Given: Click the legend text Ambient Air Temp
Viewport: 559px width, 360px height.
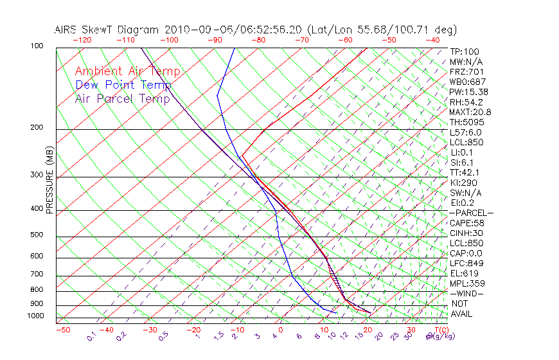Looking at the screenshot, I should click(x=127, y=71).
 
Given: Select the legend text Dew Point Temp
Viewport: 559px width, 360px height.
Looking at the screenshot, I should click(x=123, y=85).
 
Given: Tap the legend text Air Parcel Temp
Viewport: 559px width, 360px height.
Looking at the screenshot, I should click(x=122, y=98).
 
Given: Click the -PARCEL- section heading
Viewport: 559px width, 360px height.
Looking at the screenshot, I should click(x=471, y=213).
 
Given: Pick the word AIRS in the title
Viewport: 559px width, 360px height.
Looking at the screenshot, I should click(x=67, y=30).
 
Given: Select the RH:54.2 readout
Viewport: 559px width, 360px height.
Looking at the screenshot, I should click(x=466, y=102).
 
